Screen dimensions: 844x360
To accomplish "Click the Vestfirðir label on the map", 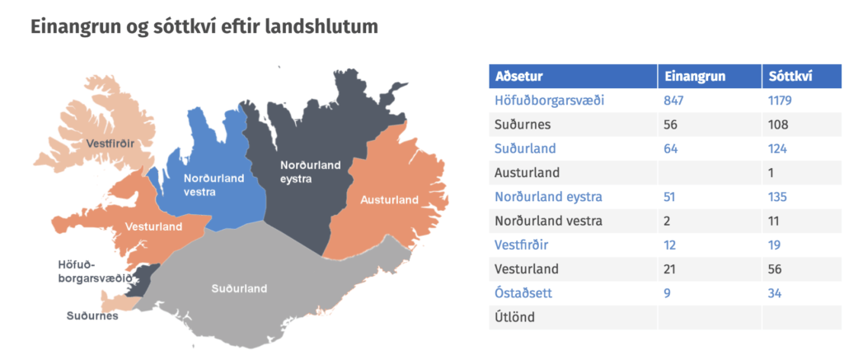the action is (x=110, y=143).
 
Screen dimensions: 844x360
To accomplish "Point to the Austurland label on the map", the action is (x=389, y=200).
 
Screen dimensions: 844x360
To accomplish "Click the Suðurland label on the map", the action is (x=238, y=289).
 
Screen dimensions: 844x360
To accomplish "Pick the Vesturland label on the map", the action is (x=153, y=227).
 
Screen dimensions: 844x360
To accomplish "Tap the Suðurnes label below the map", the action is (x=92, y=316).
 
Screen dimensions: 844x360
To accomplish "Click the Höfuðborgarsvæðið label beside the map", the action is (x=95, y=271).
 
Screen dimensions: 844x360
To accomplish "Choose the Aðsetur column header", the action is (x=519, y=77).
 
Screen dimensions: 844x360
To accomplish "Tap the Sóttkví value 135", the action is (x=778, y=197).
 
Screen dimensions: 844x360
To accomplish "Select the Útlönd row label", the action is (x=514, y=317).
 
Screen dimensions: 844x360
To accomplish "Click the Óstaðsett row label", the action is (x=523, y=294).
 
